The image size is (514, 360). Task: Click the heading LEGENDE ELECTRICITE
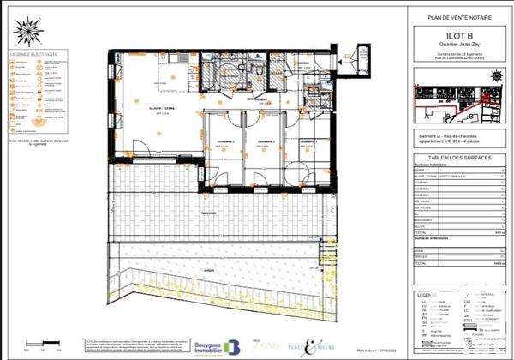coord(33,53)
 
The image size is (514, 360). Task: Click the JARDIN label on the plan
coord(208,267)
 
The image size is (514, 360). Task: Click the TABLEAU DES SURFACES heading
coord(453,159)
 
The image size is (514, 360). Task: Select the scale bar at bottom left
coord(43,346)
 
